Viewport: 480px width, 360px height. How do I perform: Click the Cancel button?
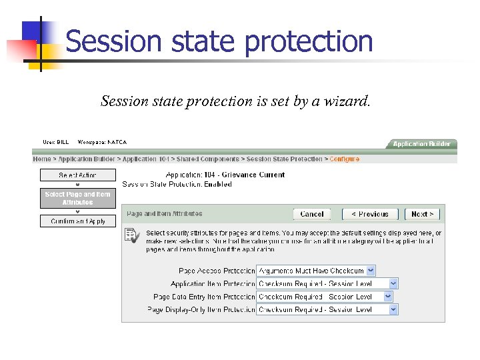312,214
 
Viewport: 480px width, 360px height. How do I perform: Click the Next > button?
422,214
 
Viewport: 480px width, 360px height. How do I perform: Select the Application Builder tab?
421,144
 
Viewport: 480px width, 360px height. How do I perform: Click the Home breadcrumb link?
42,159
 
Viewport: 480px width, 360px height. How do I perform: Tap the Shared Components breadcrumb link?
207,159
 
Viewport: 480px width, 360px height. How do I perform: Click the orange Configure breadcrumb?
344,159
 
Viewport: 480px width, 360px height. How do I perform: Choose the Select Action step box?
77,175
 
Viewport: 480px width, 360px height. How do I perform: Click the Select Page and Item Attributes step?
77,198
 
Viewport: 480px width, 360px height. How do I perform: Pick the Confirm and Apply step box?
77,221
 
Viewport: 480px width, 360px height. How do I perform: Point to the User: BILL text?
55,142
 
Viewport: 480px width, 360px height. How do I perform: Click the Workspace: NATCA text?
102,142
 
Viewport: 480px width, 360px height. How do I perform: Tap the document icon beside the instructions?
132,235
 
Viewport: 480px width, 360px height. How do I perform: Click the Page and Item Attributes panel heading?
164,214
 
